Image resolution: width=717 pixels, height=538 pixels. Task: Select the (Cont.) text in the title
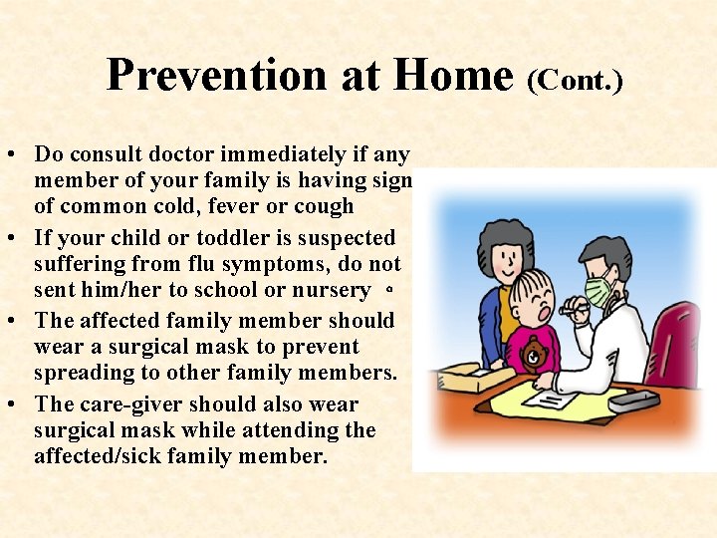coord(575,80)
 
